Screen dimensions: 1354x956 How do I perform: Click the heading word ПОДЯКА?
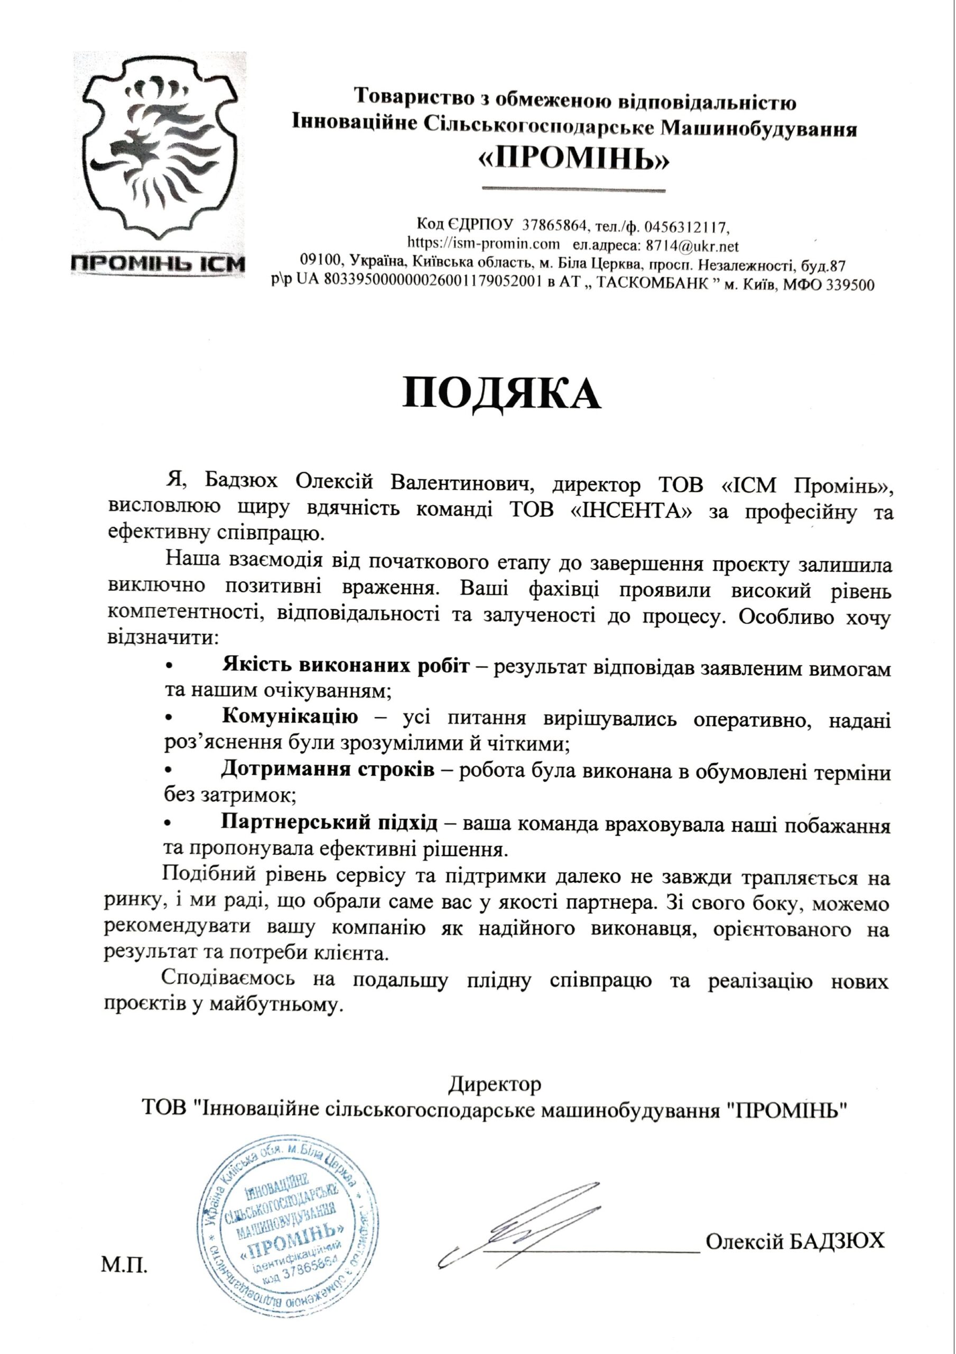(501, 394)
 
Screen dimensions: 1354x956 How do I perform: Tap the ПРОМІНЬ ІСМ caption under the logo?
(157, 263)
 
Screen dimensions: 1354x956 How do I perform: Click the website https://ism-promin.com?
(484, 243)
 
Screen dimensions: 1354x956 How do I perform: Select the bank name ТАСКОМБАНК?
(651, 284)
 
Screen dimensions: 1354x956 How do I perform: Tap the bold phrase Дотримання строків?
(328, 770)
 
